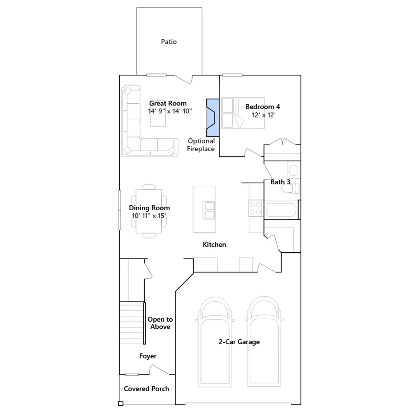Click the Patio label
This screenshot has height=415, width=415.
click(x=169, y=42)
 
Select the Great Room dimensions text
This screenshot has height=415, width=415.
click(x=170, y=111)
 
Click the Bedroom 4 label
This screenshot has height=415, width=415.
click(x=263, y=107)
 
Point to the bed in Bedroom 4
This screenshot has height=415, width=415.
click(x=243, y=113)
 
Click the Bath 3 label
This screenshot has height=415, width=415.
click(x=280, y=182)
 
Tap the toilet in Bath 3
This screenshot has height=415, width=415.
click(x=290, y=188)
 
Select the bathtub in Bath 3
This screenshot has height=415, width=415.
click(x=281, y=210)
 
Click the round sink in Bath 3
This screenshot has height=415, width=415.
click(x=294, y=170)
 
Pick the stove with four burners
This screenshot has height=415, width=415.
click(x=255, y=208)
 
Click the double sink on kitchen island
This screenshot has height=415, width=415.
click(x=209, y=210)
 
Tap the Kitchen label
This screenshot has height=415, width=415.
click(x=215, y=245)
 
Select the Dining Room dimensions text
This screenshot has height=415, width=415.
click(x=149, y=216)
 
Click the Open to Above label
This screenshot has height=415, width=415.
click(x=160, y=323)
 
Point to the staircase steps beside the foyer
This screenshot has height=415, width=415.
click(x=132, y=323)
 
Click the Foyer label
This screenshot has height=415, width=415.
click(x=148, y=356)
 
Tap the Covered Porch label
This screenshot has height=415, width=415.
click(x=147, y=389)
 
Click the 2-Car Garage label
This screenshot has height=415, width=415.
click(x=239, y=342)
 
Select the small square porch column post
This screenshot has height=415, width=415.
click(x=121, y=403)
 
